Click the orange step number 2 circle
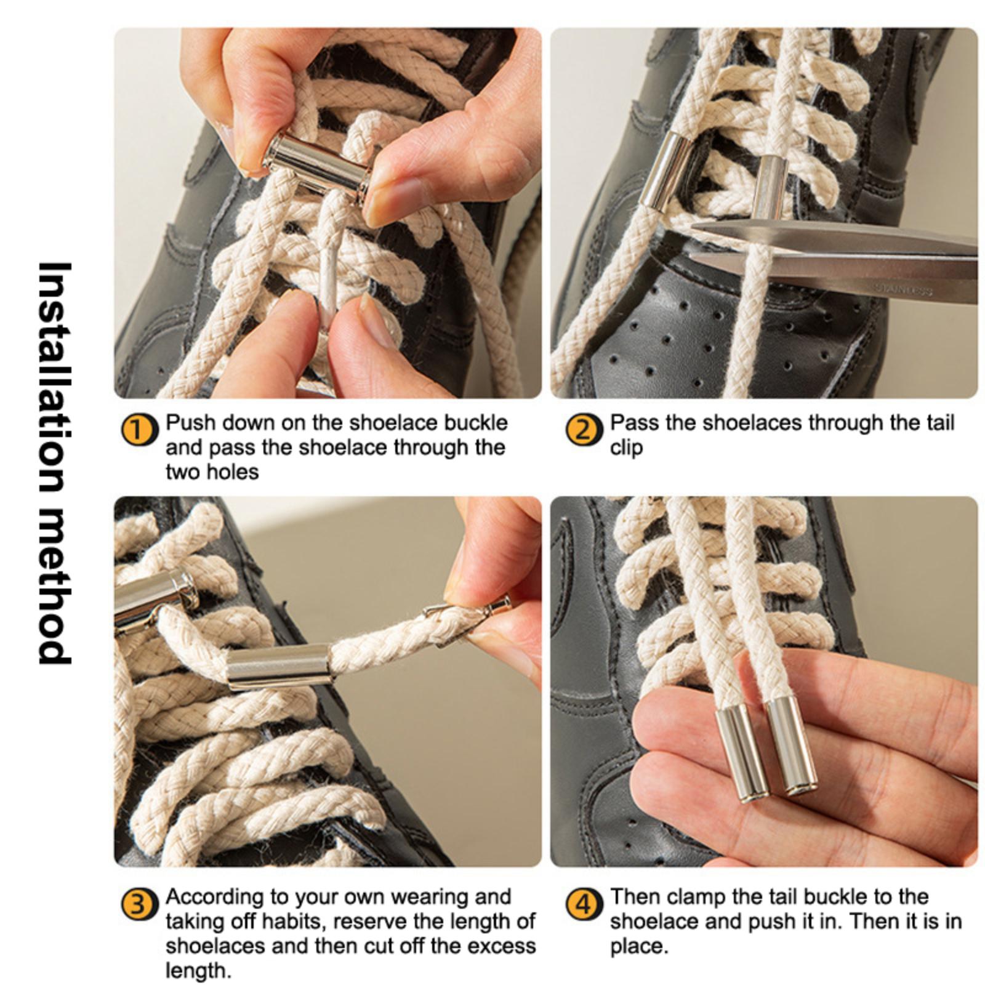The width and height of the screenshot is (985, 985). click(583, 430)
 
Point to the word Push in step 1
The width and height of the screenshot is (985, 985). click(190, 424)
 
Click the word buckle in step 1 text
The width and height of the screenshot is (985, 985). click(476, 424)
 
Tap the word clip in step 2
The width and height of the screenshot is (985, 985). click(625, 448)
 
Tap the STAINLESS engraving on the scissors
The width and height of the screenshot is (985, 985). click(904, 289)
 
